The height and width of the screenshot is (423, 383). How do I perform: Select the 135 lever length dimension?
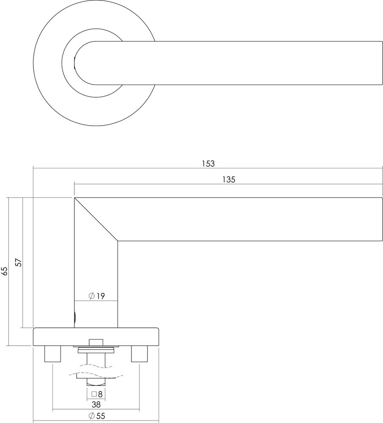point(228,179)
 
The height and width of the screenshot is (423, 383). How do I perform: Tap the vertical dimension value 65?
point(4,271)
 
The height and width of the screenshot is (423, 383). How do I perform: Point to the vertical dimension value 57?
point(18,262)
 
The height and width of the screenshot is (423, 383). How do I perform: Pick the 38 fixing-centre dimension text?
point(96,404)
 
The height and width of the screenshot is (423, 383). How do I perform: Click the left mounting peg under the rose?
point(52,354)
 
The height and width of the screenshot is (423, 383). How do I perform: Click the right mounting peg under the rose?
point(140,354)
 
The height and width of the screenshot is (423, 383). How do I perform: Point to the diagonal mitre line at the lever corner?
point(96,220)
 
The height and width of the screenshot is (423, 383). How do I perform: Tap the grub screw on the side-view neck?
point(75,317)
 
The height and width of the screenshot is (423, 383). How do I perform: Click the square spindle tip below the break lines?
point(96,382)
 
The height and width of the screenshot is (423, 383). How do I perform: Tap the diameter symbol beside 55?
point(91,416)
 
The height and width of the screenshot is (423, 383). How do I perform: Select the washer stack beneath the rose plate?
point(96,350)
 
